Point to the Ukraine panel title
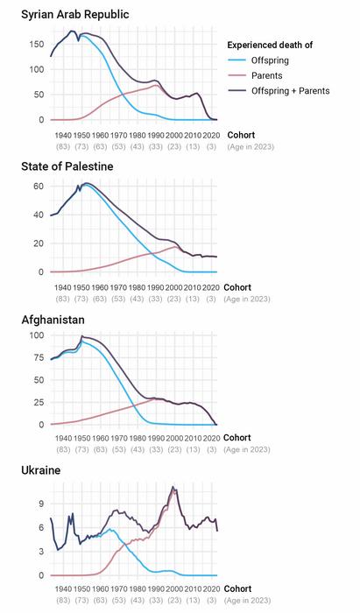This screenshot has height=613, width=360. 40,470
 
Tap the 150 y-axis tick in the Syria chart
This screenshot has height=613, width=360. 35,44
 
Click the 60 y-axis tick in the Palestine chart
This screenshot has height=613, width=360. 38,186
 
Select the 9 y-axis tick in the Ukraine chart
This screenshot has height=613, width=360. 40,504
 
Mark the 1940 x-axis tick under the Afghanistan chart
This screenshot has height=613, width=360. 63,437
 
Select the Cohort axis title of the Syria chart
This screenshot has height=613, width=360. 241,135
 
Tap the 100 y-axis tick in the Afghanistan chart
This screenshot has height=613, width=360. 35,335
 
